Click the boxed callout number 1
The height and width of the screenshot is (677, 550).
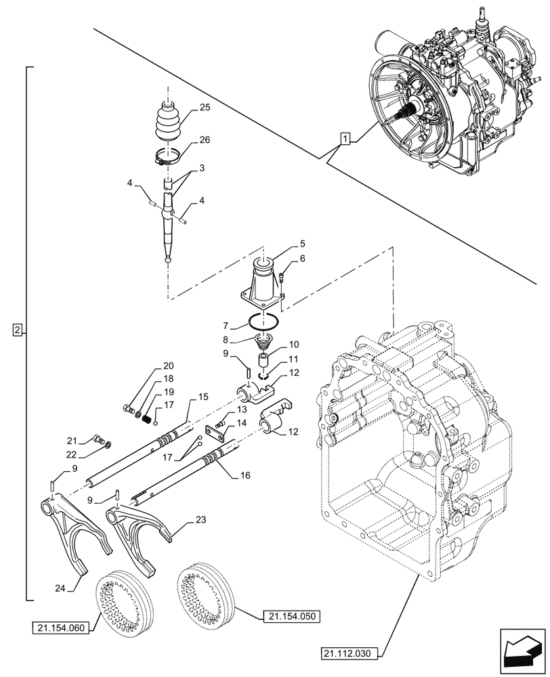click(345, 140)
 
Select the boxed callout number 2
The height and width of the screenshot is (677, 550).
click(18, 330)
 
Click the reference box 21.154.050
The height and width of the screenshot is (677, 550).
click(293, 616)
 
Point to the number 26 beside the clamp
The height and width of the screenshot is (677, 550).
click(205, 140)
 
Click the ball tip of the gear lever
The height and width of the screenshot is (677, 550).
click(167, 257)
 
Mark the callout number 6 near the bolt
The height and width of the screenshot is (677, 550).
click(302, 258)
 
